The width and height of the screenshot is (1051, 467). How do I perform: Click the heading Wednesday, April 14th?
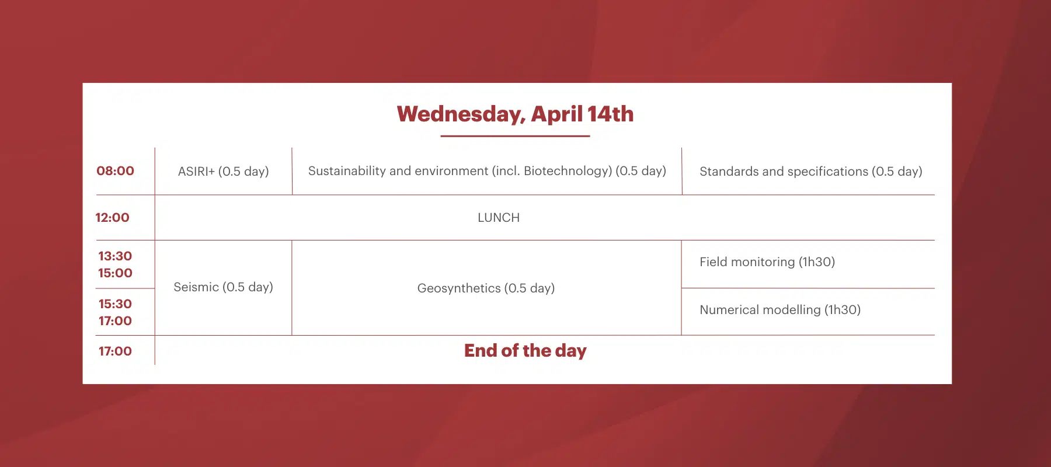(x=515, y=114)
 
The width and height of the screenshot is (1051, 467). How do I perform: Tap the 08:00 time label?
(x=115, y=171)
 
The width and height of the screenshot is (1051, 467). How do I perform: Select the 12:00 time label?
(x=112, y=218)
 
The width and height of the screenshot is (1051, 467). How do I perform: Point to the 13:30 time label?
(x=115, y=256)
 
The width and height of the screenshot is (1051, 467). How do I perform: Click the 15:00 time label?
(x=115, y=273)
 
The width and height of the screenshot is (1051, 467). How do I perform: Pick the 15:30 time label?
(x=115, y=304)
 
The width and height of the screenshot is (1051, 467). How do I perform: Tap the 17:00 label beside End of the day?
(x=115, y=351)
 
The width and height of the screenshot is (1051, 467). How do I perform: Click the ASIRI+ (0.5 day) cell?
(x=223, y=172)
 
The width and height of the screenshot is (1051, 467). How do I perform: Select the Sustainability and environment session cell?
(x=486, y=171)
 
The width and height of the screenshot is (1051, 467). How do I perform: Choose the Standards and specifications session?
(x=810, y=172)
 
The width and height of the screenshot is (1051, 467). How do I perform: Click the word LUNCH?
(x=498, y=218)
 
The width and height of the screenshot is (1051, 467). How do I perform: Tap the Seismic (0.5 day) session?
(x=223, y=287)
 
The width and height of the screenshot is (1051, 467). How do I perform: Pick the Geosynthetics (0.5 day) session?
(x=486, y=288)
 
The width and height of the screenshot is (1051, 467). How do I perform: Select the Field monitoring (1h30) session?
(x=767, y=262)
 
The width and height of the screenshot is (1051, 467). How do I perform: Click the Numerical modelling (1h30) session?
(x=779, y=310)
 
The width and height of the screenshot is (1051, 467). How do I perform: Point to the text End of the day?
(x=525, y=351)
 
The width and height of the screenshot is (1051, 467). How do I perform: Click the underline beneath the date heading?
(x=515, y=136)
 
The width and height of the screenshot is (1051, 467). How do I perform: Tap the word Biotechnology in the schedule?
(x=567, y=171)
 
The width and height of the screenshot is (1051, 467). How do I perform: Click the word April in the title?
(x=556, y=114)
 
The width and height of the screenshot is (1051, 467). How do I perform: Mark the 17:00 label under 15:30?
(x=115, y=321)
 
